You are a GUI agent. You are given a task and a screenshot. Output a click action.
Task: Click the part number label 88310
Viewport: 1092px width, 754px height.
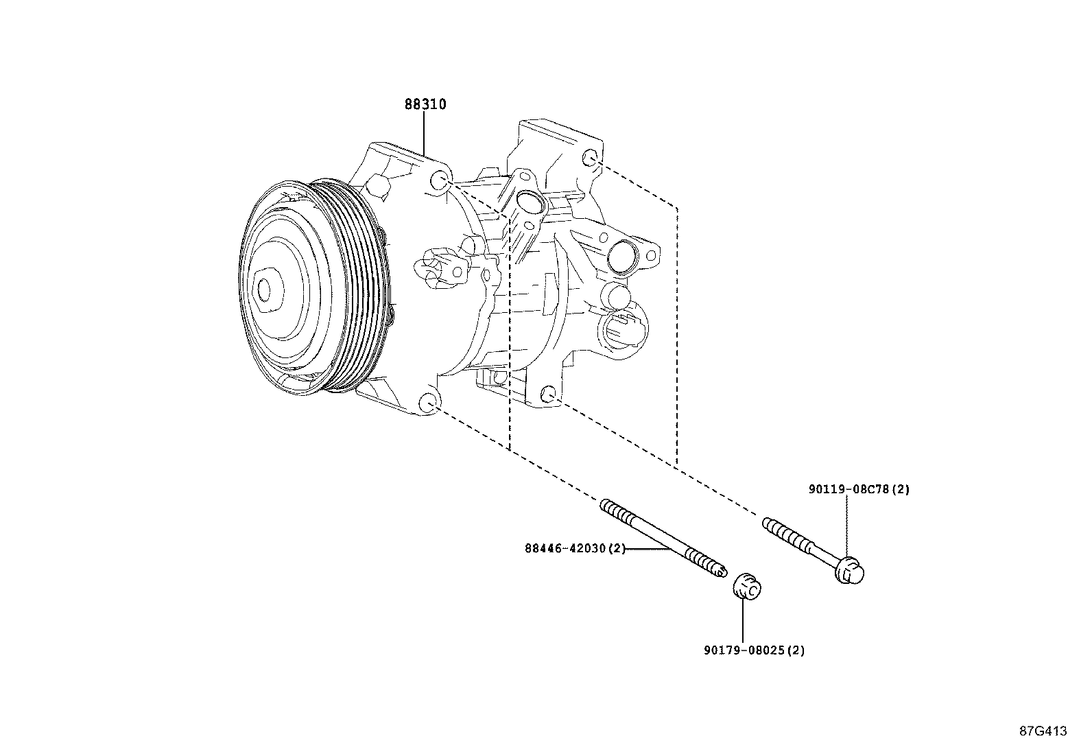point(425,104)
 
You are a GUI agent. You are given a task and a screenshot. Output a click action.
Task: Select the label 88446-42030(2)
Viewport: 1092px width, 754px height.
point(575,549)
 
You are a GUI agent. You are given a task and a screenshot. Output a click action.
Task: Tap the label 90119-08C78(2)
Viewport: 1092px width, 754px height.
point(858,490)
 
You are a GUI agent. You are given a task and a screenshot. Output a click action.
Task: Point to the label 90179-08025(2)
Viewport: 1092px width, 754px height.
point(754,650)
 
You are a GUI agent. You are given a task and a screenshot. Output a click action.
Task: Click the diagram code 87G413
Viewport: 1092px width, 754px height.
point(1043,731)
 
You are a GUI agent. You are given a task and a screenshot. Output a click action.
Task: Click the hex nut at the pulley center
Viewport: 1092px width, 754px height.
point(268,291)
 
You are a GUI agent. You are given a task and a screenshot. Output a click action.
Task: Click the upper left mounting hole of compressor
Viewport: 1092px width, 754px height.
point(441,181)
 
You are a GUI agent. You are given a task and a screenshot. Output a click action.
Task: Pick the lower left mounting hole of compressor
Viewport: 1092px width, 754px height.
point(427,403)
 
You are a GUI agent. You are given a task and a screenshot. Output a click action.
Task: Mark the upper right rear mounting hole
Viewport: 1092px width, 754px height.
point(590,159)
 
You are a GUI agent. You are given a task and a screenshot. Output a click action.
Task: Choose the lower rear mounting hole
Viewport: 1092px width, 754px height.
point(548,394)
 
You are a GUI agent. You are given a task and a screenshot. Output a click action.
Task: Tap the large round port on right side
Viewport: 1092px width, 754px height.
point(622,257)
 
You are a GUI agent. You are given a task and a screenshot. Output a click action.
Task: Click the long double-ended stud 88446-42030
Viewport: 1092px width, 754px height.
point(662,539)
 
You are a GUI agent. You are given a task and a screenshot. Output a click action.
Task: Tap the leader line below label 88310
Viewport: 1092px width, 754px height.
point(424,134)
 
